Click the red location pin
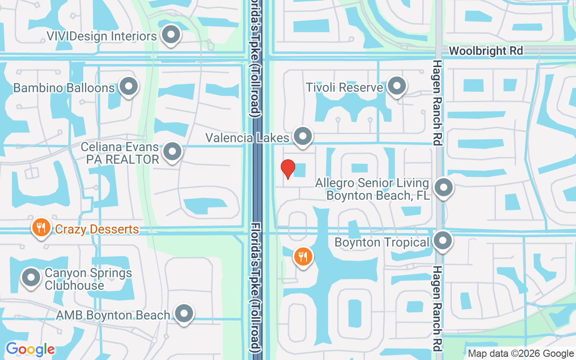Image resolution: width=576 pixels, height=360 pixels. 288,169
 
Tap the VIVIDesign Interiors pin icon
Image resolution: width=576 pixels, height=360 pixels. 171,35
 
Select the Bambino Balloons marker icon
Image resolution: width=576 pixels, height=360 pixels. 129,86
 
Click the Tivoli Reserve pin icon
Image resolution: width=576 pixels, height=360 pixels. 397,86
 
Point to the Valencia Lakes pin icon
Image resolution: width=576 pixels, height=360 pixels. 303,136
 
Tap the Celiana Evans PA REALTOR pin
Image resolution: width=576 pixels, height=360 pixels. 172,152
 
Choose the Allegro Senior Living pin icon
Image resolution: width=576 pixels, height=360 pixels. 444,188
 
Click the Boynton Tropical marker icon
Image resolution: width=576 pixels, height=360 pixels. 443,241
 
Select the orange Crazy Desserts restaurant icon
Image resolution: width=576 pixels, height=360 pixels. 41,228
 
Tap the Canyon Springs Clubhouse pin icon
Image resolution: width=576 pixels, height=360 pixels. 31,278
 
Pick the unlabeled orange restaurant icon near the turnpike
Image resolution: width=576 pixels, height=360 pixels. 303,257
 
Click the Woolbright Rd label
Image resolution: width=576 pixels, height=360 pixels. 486,51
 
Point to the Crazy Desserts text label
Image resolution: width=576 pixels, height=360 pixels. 97,229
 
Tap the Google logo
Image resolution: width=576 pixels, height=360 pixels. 30,349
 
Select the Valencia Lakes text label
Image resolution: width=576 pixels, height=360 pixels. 247,137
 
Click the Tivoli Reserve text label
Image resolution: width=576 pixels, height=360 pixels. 344,87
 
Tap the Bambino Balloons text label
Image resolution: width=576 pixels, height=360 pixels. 64,87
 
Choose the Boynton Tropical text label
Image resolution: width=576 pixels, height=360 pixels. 382,242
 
